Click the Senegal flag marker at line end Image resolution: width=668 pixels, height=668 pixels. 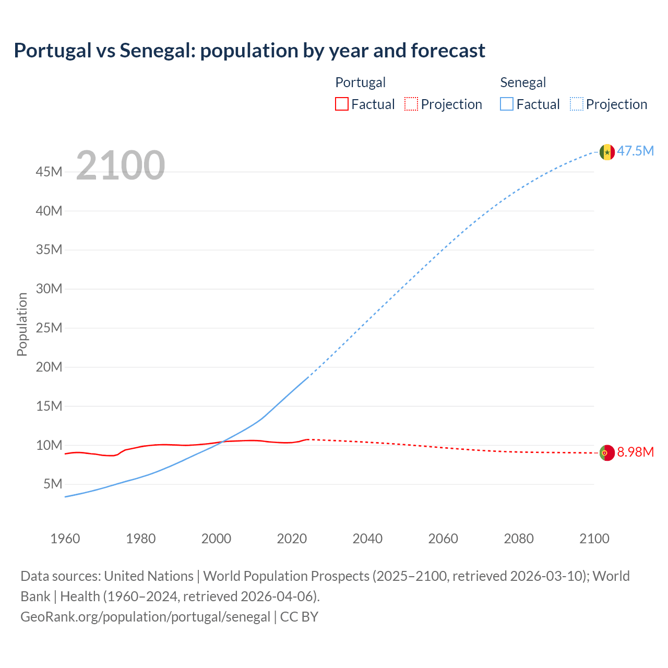(607, 152)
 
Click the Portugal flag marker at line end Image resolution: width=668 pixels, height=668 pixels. (607, 453)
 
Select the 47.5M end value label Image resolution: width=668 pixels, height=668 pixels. (635, 151)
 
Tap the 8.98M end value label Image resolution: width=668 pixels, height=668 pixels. (635, 452)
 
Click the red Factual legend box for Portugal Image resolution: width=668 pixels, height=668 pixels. (342, 104)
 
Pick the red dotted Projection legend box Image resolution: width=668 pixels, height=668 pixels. (411, 104)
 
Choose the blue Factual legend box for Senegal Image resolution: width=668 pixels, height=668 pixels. (507, 104)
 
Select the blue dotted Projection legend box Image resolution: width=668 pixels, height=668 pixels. (576, 104)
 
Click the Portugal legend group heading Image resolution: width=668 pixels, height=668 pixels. (360, 82)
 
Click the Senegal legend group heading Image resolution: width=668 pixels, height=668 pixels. (523, 82)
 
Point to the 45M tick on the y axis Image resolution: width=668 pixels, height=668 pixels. (49, 172)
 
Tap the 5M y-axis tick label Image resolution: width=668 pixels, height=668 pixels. (53, 484)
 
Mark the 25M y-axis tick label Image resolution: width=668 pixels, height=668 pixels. (49, 328)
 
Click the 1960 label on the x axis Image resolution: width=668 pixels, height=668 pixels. (65, 539)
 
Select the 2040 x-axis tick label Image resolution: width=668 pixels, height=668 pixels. (367, 539)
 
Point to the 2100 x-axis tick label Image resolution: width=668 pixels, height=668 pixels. (594, 539)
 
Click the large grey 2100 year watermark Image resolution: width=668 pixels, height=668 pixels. (121, 165)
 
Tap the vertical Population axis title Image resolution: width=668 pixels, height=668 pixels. (22, 324)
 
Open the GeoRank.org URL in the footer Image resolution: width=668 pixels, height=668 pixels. (145, 617)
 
